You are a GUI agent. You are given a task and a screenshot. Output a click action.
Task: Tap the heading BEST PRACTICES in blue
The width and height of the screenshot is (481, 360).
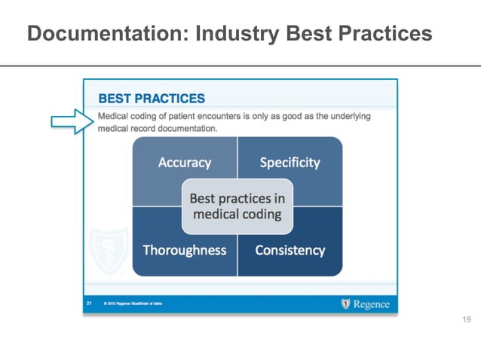pos(152,99)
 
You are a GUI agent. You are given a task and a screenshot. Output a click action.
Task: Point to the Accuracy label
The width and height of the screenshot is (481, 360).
pos(185,162)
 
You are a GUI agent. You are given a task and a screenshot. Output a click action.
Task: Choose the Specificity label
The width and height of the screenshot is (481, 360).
pos(290,162)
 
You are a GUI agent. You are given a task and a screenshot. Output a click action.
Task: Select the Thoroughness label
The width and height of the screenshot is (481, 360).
pos(185,250)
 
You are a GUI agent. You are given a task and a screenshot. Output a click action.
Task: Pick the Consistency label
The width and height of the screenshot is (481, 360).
pos(290,250)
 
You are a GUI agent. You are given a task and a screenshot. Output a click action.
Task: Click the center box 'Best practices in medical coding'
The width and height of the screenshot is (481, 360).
pos(237,206)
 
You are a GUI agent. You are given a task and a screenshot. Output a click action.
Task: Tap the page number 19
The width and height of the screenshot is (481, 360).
pos(466,321)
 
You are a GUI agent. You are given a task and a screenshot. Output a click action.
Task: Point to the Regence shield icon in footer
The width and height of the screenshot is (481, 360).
pos(346,304)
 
